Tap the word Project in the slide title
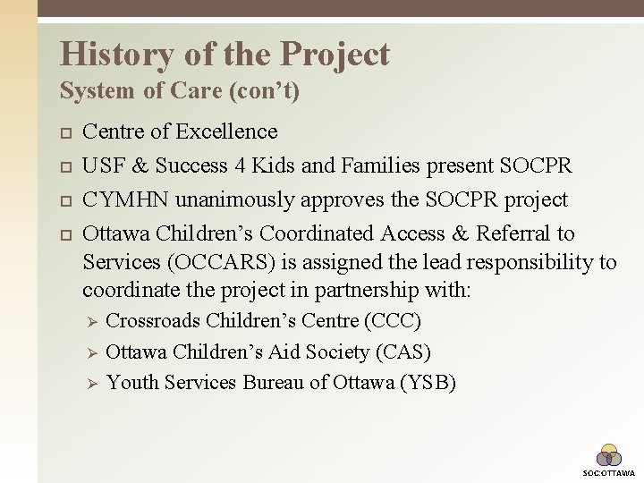point(335,55)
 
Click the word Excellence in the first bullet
point(226,132)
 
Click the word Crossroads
point(153,320)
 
